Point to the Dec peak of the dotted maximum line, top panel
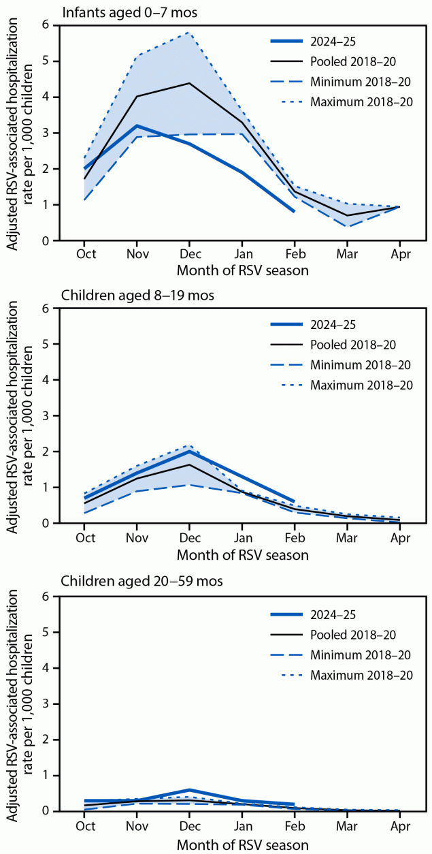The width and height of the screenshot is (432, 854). (x=189, y=33)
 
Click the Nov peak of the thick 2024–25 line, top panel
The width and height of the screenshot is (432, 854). (x=137, y=126)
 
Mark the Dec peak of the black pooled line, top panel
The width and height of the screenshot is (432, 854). (x=189, y=83)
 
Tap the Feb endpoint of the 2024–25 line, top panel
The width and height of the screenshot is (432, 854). (x=294, y=212)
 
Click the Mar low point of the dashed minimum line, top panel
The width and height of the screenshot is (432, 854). (x=346, y=226)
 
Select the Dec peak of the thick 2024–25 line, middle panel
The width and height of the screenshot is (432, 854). (x=189, y=451)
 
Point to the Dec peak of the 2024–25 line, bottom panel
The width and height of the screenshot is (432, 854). (x=189, y=790)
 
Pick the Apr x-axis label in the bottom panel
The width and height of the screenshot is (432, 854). (x=399, y=825)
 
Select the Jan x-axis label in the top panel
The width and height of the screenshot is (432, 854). (x=242, y=255)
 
